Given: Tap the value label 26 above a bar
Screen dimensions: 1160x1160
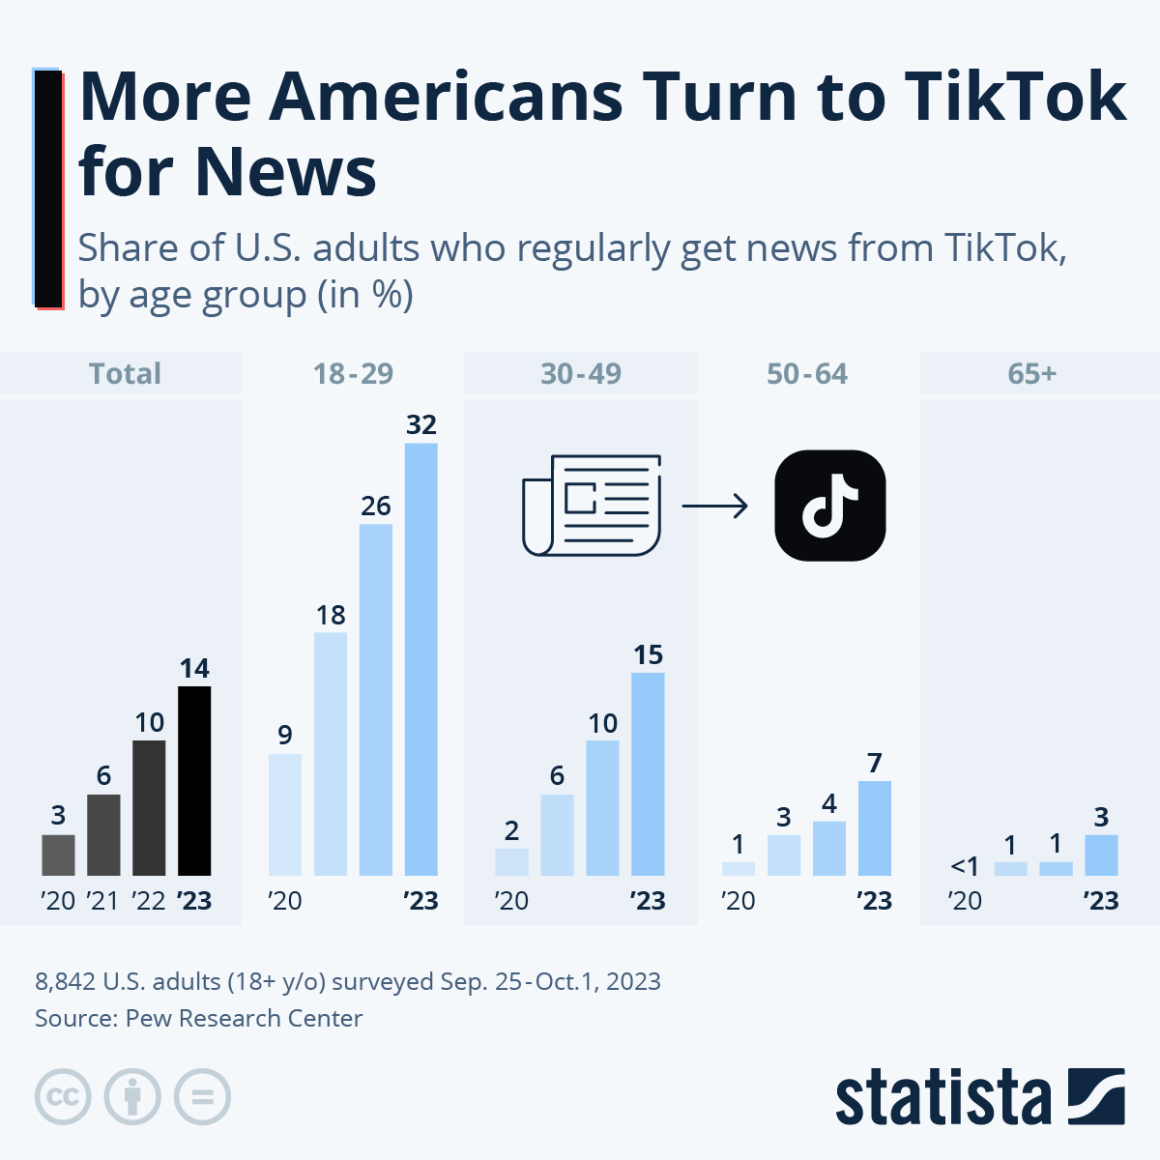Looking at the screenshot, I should click(376, 506).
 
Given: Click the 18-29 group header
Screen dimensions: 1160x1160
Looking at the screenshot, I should click(353, 374).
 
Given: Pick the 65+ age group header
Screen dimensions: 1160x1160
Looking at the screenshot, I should click(1031, 374).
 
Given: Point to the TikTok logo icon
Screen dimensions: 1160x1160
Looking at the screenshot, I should click(830, 506).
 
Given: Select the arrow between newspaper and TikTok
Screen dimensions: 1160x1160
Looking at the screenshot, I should click(714, 506).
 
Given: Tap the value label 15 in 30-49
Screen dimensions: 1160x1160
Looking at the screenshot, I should click(648, 654).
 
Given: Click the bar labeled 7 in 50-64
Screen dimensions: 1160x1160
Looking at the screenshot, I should click(875, 828).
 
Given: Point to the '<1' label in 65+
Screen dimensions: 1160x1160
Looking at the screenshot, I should click(965, 865).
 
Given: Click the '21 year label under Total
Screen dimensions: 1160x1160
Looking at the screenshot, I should click(102, 901).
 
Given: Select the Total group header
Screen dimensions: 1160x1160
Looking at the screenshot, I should click(125, 374).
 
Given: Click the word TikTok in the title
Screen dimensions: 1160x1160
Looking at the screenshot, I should click(1015, 97).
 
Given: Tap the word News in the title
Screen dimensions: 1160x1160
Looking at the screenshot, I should click(285, 172).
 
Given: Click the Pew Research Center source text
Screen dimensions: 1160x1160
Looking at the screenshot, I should click(244, 1018).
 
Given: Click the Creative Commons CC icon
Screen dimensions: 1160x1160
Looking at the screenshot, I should click(63, 1097).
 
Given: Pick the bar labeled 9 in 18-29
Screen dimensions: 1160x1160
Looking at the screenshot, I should click(285, 815).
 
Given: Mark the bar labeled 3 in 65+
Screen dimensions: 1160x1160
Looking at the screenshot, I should click(1101, 855).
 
